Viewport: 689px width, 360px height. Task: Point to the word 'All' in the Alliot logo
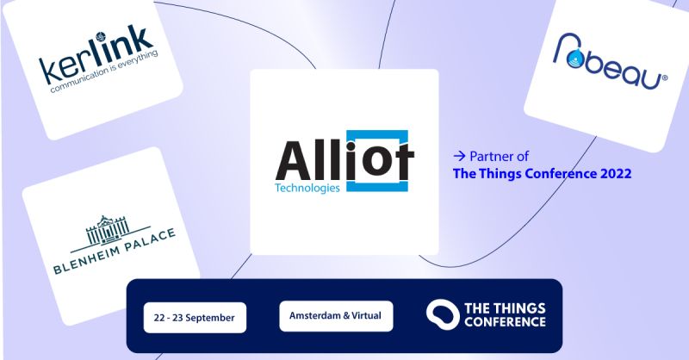[x=310, y=162]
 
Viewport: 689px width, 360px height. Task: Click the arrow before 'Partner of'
[x=459, y=156]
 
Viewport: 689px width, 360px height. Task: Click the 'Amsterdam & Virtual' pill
[x=336, y=316]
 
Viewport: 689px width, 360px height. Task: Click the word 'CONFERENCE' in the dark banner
[x=505, y=322]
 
